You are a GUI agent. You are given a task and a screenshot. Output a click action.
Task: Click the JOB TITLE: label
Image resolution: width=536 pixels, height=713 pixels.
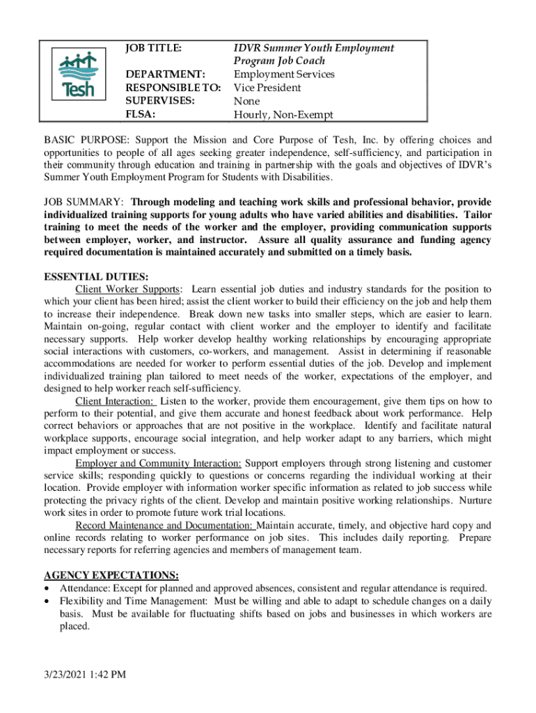153,48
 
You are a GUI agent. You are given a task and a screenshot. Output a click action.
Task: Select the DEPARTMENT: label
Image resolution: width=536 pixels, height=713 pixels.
164,75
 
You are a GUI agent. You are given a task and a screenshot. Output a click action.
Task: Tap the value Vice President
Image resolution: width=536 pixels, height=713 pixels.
267,88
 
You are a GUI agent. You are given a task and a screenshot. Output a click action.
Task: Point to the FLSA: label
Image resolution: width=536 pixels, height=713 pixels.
139,114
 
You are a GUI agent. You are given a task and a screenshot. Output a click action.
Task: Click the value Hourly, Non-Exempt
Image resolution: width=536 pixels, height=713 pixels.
283,115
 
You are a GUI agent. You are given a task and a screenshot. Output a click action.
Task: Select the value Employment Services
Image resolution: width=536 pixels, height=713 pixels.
284,75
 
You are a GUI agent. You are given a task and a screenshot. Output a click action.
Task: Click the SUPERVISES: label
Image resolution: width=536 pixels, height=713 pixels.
159,101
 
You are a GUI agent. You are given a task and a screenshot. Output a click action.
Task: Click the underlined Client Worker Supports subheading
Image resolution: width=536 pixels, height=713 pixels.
128,289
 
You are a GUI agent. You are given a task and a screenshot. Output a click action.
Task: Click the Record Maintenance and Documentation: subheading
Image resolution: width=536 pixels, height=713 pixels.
165,525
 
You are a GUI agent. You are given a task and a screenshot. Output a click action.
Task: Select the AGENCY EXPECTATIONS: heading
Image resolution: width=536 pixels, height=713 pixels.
111,576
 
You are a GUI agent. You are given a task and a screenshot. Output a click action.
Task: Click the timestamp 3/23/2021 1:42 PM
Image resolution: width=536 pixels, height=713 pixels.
84,674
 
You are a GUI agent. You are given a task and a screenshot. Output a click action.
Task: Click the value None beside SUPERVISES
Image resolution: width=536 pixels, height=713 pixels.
246,101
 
